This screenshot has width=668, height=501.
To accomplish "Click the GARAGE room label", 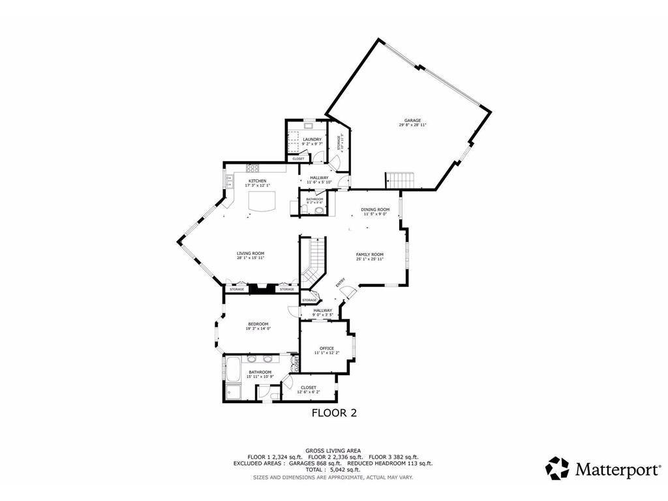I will pos(412,121).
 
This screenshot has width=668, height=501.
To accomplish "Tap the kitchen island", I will pos(261,201).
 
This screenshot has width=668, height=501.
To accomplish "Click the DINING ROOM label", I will pos(375,209).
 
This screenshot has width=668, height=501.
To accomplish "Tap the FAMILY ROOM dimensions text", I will pos(369,259).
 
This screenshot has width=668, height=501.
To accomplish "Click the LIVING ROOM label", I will pos(250,253).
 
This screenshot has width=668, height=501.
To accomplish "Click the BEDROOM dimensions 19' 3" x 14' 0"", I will pos(258,328).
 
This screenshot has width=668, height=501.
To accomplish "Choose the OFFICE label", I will pos(327,348).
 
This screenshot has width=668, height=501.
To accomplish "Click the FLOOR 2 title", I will pos(334,412).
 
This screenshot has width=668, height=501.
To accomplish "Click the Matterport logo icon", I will pos(557,468).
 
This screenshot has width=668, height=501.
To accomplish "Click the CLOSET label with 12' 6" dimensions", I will pos(309,387).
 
